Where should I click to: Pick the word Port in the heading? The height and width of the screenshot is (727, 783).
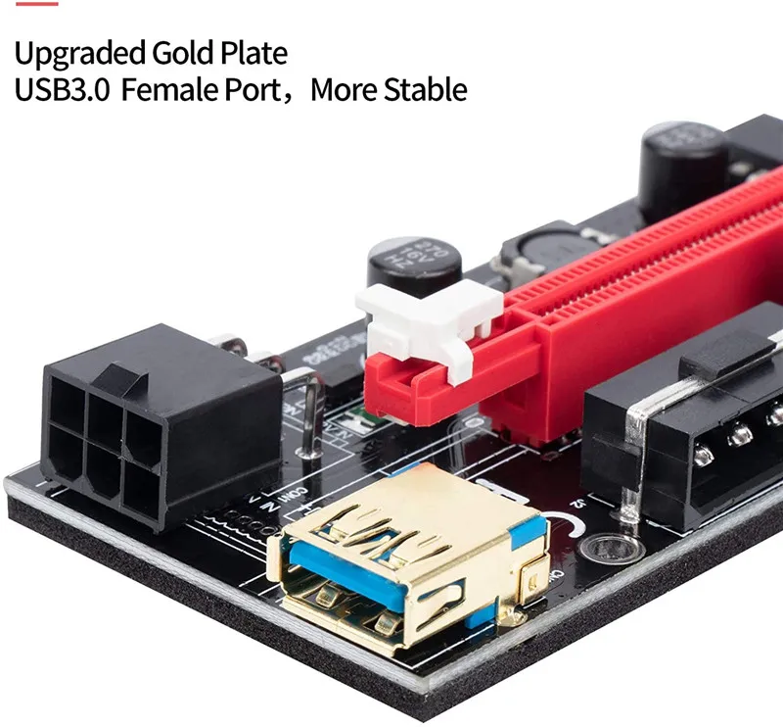261,90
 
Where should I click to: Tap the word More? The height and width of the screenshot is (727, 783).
347,90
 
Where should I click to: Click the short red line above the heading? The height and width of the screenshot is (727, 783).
36,3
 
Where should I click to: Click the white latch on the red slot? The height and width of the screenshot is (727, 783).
431,323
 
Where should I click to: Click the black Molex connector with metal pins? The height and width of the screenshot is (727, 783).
685,431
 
